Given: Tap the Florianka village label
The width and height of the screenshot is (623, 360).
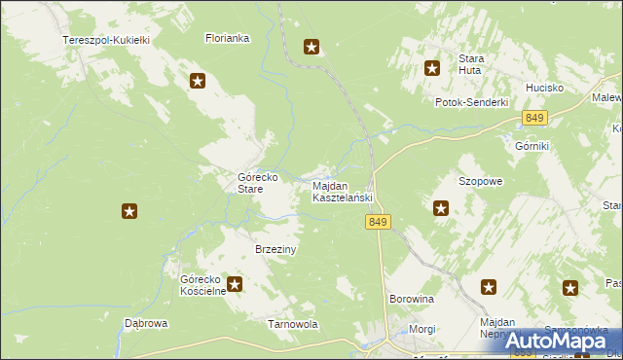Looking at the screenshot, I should (x=228, y=39).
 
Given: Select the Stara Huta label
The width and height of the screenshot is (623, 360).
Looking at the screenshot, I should (x=472, y=64).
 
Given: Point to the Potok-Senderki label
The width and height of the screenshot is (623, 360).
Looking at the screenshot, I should (x=472, y=102).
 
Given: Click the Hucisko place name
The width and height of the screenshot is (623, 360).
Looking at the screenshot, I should (x=545, y=88).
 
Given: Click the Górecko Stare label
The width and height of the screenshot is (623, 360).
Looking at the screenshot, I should (x=259, y=184).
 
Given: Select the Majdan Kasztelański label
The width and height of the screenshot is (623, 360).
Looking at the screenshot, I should (x=342, y=192).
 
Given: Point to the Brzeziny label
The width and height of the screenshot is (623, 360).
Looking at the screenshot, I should (x=275, y=249).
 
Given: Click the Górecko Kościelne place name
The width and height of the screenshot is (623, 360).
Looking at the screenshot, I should (x=202, y=284).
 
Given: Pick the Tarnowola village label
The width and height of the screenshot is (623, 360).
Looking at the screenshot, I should (x=293, y=324).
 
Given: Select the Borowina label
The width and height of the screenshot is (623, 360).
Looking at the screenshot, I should (x=411, y=299).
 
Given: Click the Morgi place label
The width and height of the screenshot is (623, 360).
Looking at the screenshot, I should (x=422, y=329).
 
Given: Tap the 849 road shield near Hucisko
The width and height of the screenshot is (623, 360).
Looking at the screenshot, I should (x=533, y=118).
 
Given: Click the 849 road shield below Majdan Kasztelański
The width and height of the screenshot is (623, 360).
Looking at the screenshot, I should (x=380, y=223).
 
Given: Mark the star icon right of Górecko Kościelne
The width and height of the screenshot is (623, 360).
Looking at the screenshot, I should (x=235, y=284).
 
